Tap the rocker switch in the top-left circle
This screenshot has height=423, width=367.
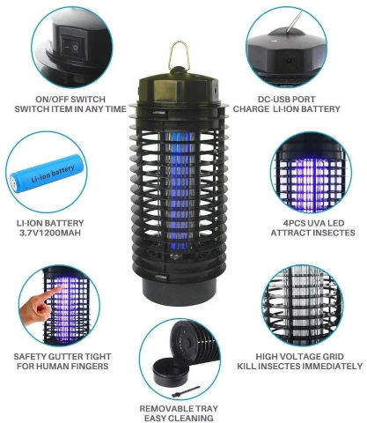point(71,47)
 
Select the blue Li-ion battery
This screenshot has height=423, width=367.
point(47,174)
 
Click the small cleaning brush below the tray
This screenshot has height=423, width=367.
point(186,391)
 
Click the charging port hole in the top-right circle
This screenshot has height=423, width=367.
point(290,60)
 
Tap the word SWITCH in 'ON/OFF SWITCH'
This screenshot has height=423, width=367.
point(87,100)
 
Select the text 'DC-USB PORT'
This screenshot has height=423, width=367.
point(287,100)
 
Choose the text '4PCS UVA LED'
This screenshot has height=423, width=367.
point(313,223)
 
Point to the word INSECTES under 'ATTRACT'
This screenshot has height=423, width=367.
point(334,233)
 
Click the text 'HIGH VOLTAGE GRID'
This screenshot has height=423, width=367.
point(300,357)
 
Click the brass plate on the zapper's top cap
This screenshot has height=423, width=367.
point(165,90)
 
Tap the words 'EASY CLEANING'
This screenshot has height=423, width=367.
point(179,419)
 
